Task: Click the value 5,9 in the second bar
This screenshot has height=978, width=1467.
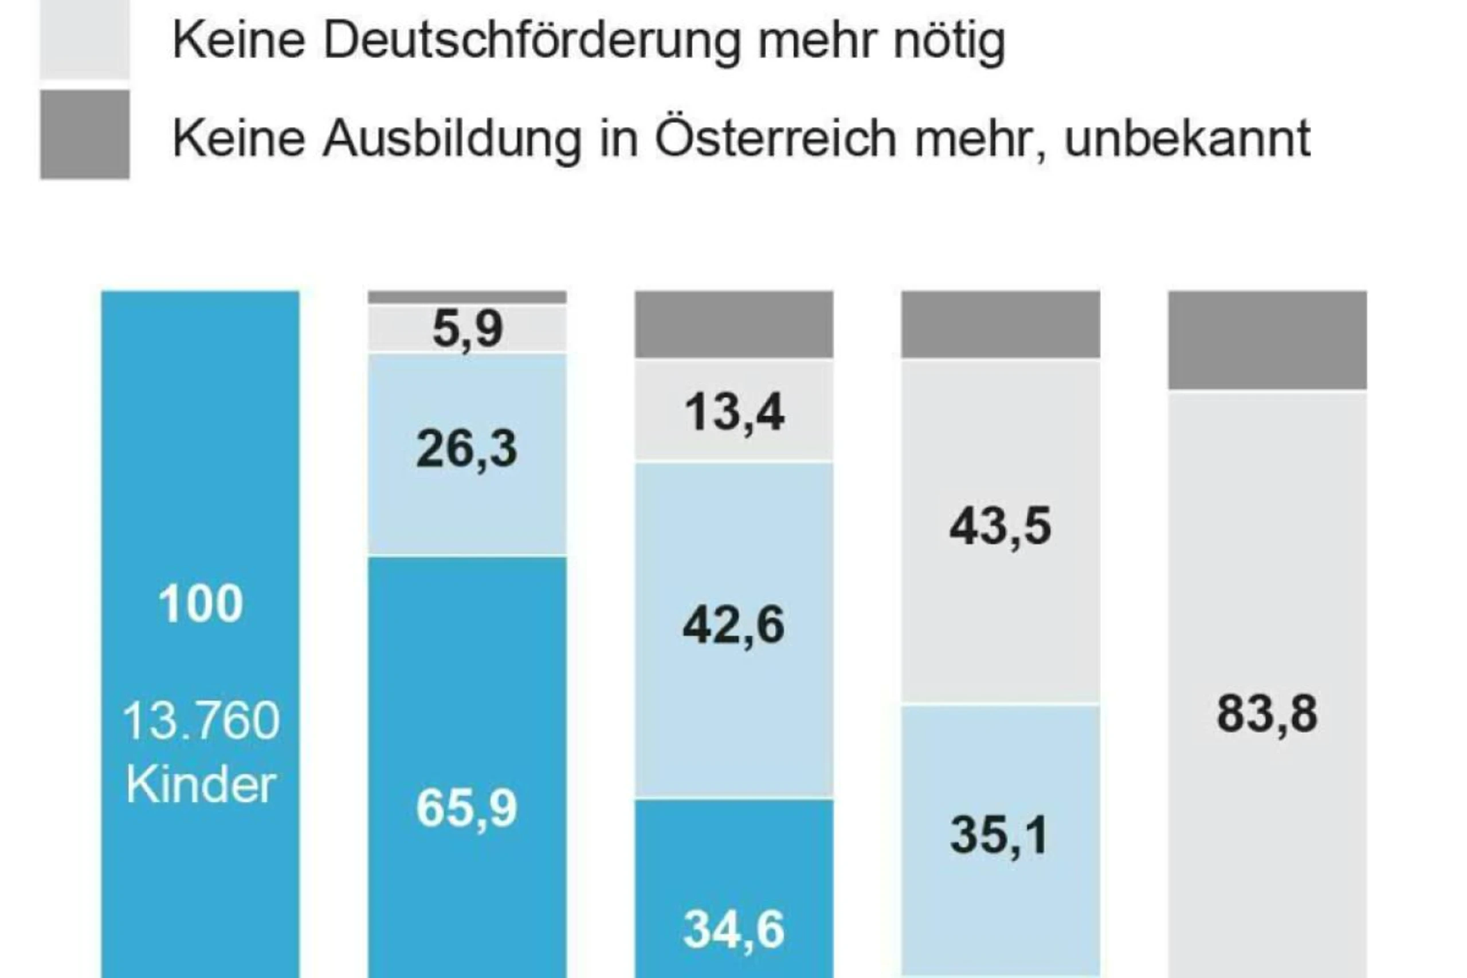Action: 467,329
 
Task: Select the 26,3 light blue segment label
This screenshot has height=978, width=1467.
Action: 466,449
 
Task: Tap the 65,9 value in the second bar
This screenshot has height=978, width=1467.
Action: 466,808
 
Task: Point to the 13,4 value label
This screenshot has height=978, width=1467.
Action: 734,413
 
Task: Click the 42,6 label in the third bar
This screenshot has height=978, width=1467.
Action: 733,626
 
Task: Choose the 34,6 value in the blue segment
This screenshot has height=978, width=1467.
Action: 733,930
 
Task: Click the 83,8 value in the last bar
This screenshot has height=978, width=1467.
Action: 1268,714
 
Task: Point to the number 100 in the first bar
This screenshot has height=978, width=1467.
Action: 200,604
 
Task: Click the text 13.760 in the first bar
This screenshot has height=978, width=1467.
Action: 201,721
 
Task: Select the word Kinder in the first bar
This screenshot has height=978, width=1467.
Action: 201,785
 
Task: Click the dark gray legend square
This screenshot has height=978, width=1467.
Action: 85,135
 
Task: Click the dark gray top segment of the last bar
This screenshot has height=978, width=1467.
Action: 1268,340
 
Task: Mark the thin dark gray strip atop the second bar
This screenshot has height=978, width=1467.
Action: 467,297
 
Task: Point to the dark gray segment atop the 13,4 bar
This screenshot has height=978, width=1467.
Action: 734,324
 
